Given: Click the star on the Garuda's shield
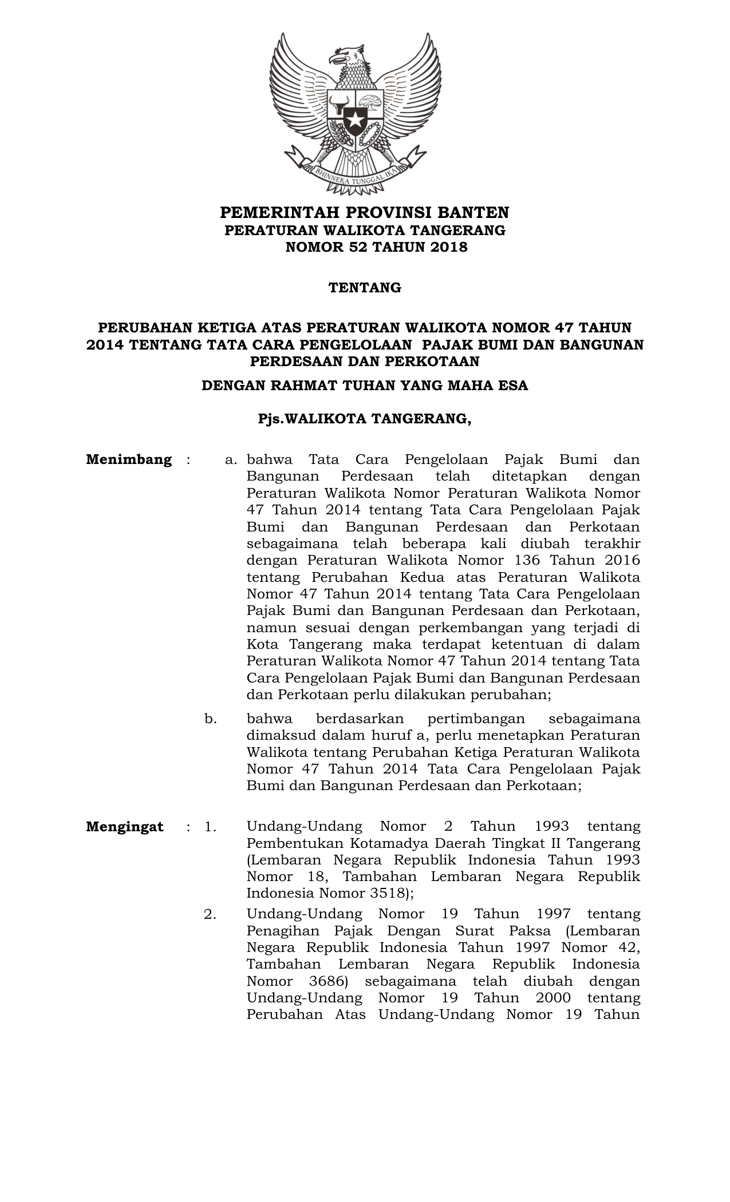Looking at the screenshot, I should [355, 121].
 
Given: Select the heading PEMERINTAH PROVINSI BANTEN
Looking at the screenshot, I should [365, 213].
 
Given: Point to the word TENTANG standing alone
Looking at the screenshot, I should [365, 288].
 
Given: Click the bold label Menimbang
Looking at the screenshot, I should [129, 460].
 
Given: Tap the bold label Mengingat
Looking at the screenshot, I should [125, 827].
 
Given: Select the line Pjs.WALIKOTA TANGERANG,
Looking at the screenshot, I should [365, 419].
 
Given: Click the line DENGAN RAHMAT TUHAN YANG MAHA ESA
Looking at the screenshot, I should [365, 386].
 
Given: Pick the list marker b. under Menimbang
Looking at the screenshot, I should [211, 719].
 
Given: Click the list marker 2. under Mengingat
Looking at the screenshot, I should [210, 915].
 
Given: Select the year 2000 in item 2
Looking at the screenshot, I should [553, 998].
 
